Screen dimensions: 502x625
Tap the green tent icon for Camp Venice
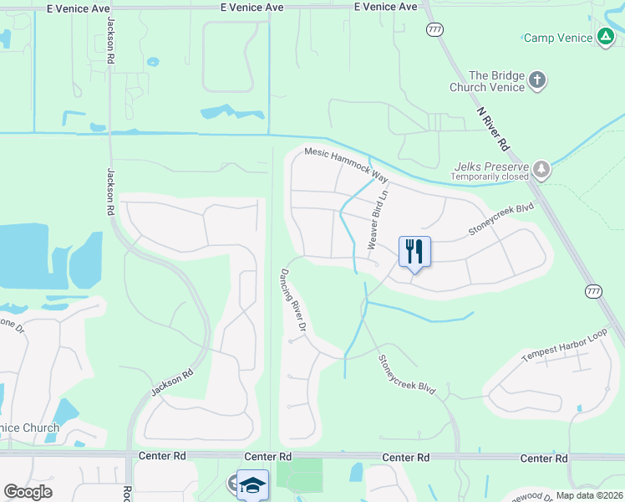605,37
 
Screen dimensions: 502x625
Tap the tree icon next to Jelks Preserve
543,170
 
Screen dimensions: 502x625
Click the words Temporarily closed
490,177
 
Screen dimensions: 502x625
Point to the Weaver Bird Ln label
378,218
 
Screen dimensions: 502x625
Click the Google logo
28,492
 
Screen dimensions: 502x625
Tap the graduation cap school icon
252,484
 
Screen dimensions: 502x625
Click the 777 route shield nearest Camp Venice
434,30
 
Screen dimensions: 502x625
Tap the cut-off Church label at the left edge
29,428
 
